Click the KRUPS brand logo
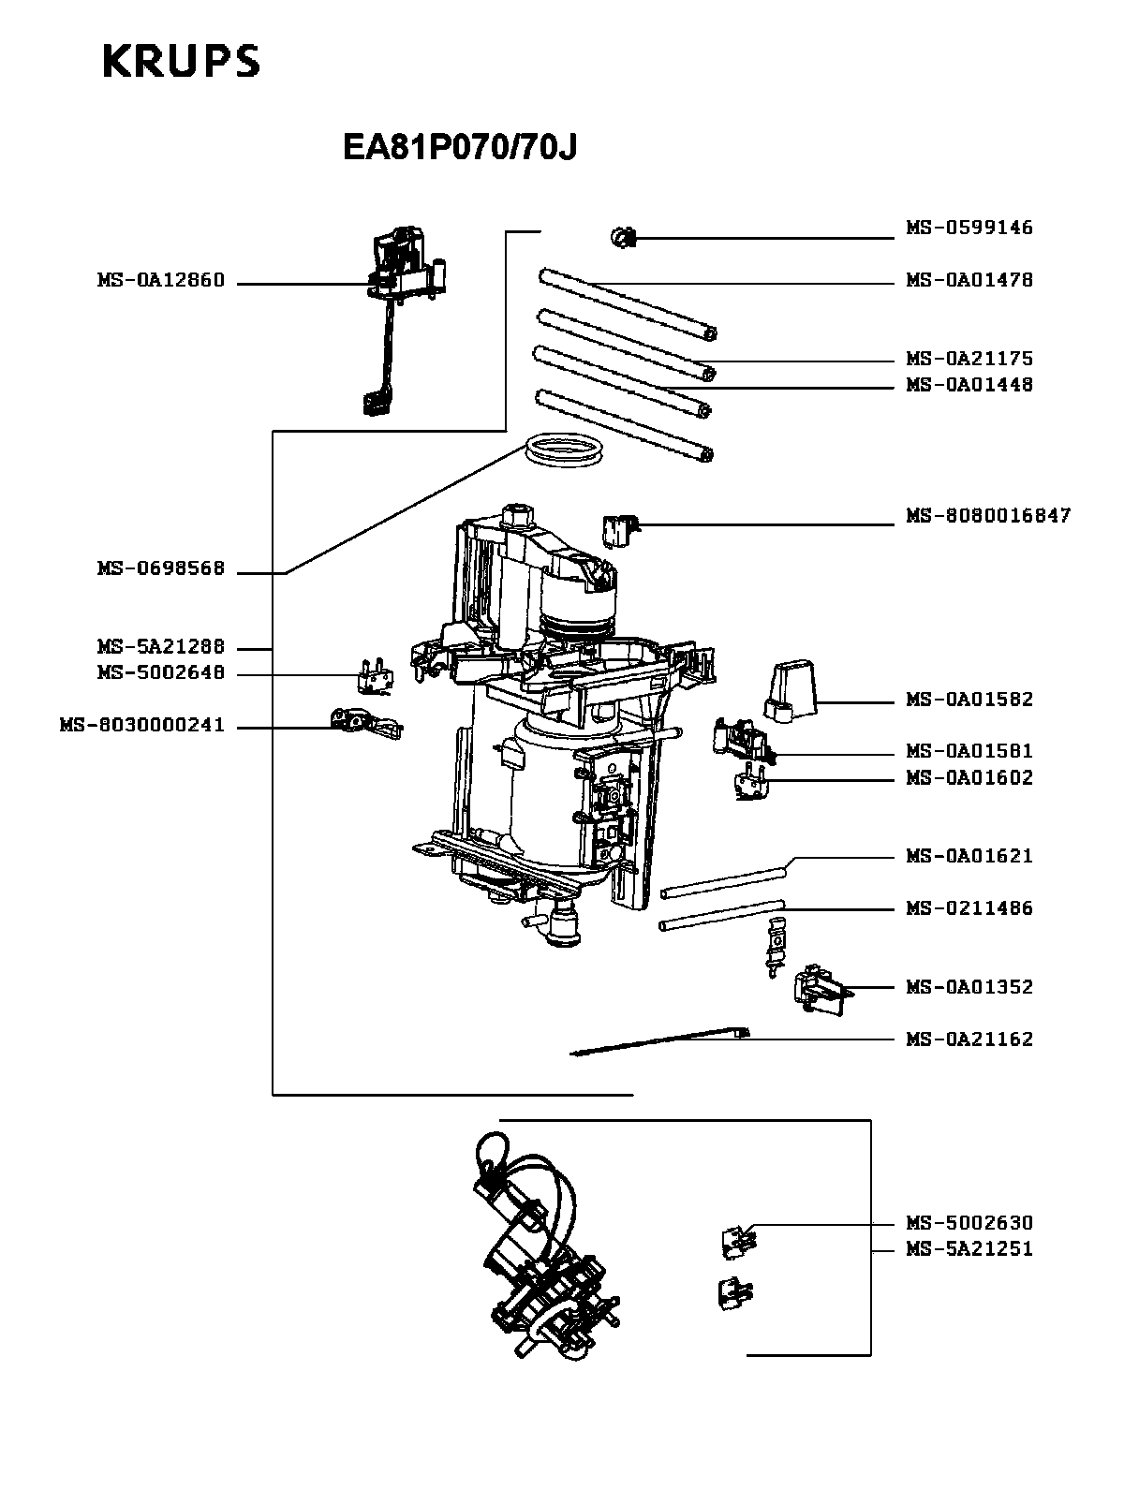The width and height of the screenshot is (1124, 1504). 180,62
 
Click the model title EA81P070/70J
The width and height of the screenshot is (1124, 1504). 460,148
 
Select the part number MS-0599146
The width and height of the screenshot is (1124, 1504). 969,228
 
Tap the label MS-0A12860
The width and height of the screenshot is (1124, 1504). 160,280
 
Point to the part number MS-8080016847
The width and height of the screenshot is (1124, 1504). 987,516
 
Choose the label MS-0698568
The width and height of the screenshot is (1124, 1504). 160,568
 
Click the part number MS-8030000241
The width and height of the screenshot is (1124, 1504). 141,725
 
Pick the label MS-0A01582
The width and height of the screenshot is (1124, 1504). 969,700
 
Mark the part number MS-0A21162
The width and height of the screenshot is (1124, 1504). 969,1039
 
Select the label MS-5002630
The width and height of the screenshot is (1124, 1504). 969,1222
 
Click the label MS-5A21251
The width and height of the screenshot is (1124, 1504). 969,1248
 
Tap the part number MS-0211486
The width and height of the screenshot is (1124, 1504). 969,907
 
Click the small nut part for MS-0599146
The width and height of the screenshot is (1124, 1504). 621,238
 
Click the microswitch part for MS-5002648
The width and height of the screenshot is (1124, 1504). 375,672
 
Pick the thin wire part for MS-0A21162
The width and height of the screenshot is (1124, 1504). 656,1042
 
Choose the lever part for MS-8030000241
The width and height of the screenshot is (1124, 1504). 365,723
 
